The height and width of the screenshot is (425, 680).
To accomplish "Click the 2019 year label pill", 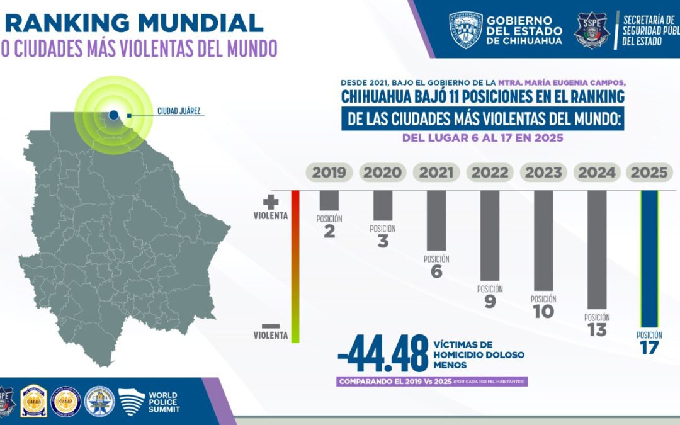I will pyautogui.click(x=329, y=172).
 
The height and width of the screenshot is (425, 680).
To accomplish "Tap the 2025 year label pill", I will pyautogui.click(x=649, y=172).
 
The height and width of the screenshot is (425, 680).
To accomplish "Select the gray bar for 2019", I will pyautogui.click(x=329, y=200).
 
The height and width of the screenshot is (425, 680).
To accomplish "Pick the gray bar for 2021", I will pyautogui.click(x=436, y=220).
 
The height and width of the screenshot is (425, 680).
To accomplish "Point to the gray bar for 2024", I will pyautogui.click(x=596, y=249).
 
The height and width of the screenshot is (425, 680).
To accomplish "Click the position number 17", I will pyautogui.click(x=649, y=348).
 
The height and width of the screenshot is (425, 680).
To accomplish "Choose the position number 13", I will pyautogui.click(x=596, y=330).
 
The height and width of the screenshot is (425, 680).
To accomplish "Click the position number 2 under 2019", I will pyautogui.click(x=329, y=231).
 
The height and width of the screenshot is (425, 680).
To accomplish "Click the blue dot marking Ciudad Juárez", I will pyautogui.click(x=113, y=115).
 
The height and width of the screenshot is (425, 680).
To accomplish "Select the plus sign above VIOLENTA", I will pyautogui.click(x=271, y=202).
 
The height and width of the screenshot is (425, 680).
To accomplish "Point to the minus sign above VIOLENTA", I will pyautogui.click(x=271, y=325).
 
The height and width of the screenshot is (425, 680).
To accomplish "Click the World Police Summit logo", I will pyautogui.click(x=149, y=401).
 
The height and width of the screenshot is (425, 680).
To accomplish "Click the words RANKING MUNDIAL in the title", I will pyautogui.click(x=134, y=23).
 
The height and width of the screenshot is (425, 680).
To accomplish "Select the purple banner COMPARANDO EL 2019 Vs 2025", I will pyautogui.click(x=432, y=382).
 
